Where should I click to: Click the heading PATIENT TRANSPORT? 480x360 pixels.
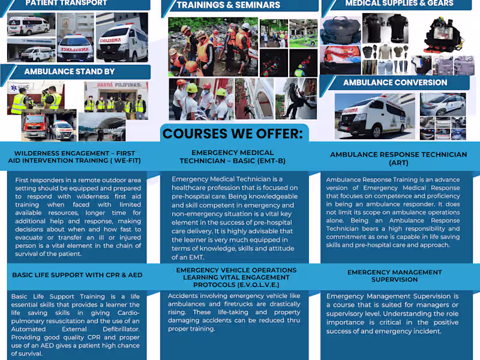click(66, 3)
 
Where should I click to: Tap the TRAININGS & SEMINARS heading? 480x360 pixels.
click(228, 5)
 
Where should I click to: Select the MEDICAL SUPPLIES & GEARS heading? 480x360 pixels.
click(399, 4)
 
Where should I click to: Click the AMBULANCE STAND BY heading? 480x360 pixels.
click(69, 71)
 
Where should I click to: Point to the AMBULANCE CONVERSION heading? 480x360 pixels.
click(395, 82)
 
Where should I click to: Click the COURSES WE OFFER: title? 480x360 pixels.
click(233, 133)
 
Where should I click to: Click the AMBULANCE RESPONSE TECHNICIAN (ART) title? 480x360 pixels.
click(398, 158)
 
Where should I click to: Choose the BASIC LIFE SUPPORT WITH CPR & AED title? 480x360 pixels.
click(76, 275)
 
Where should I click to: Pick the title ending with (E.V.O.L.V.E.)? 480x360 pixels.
click(236, 277)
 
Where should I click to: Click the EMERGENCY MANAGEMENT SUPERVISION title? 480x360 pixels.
click(394, 276)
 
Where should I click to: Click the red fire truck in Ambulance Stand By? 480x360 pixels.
click(37, 126)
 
